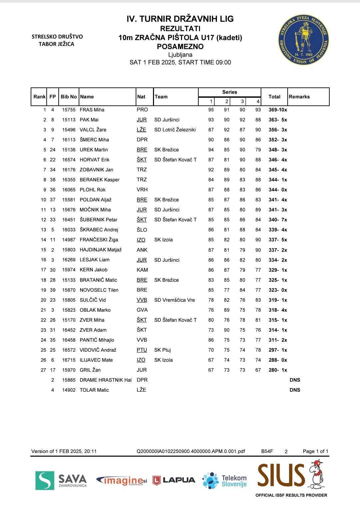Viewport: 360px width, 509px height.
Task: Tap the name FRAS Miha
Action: pyautogui.click(x=92, y=110)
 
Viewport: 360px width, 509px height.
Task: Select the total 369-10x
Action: pyautogui.click(x=278, y=110)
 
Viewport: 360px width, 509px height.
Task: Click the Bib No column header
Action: pyautogui.click(x=69, y=97)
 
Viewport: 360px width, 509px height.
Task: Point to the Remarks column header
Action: pyautogui.click(x=299, y=97)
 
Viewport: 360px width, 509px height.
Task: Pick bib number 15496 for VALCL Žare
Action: pyautogui.click(x=69, y=130)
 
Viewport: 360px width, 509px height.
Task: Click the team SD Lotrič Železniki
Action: pyautogui.click(x=175, y=130)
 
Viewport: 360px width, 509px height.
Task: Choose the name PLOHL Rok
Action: pyautogui.click(x=92, y=190)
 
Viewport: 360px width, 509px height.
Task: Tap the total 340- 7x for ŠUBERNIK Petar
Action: pyautogui.click(x=278, y=220)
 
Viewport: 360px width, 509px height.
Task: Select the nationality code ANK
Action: pyautogui.click(x=142, y=250)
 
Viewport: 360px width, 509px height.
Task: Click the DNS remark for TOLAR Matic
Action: pyautogui.click(x=295, y=390)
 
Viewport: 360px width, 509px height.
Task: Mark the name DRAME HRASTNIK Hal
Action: pyautogui.click(x=105, y=380)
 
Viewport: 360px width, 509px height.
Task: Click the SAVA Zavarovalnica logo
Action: pyautogui.click(x=61, y=480)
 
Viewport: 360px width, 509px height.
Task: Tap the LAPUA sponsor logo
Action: pyautogui.click(x=174, y=480)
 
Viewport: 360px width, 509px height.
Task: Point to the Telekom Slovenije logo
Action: pyautogui.click(x=224, y=480)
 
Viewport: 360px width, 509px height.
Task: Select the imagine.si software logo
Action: pyautogui.click(x=122, y=480)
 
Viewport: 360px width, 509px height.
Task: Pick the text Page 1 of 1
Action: pyautogui.click(x=315, y=451)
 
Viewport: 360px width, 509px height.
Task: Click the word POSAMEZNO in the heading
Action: pyautogui.click(x=180, y=47)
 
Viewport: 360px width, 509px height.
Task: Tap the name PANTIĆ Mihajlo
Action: pyautogui.click(x=97, y=340)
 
